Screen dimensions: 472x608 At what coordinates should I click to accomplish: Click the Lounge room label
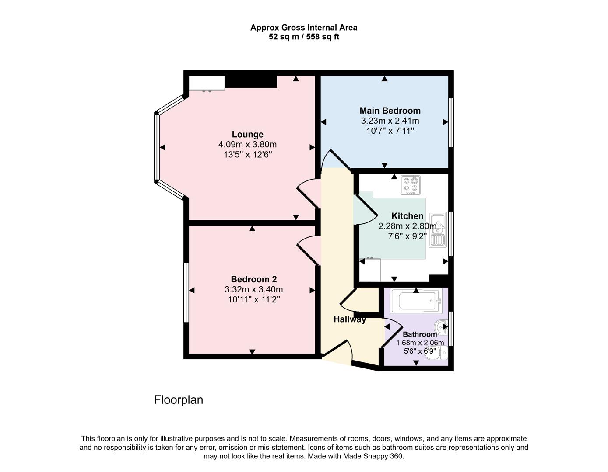click(x=247, y=135)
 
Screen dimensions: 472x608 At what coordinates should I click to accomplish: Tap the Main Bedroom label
click(x=390, y=111)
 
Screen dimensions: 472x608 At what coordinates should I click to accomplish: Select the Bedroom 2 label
click(x=253, y=279)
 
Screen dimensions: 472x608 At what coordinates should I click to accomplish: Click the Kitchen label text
click(x=407, y=216)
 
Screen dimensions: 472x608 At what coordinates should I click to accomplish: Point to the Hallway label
click(x=349, y=319)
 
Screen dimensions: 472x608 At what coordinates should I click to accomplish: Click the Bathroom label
click(x=419, y=334)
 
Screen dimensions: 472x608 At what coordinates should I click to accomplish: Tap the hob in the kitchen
click(x=411, y=185)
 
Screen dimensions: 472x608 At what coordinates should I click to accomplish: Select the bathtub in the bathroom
click(x=416, y=301)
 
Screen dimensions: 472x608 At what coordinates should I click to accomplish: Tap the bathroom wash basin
click(x=441, y=326)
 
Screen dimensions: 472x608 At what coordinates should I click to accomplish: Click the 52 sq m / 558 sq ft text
click(x=304, y=37)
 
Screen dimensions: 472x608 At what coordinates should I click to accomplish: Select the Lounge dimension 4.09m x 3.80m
click(x=247, y=145)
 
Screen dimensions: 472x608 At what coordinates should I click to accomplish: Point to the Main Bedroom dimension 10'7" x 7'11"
click(x=390, y=131)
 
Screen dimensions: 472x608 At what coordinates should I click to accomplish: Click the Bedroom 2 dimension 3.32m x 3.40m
click(x=253, y=289)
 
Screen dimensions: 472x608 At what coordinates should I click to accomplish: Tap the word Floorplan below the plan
click(x=179, y=400)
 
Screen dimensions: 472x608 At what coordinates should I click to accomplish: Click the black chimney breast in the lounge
click(x=251, y=81)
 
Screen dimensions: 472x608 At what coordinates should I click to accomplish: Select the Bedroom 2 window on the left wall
click(x=186, y=292)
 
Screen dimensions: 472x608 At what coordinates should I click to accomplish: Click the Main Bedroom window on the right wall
click(x=451, y=122)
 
